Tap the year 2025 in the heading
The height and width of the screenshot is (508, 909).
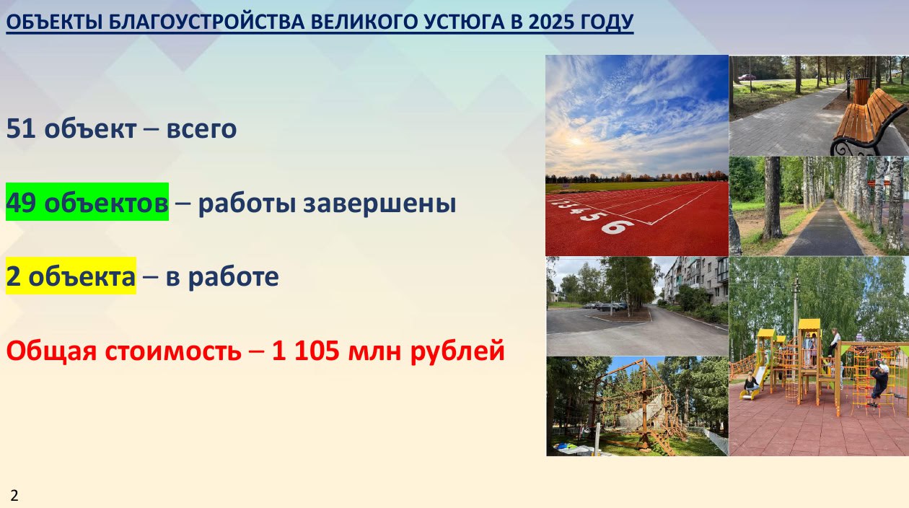551,22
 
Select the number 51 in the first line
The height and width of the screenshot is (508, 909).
21,128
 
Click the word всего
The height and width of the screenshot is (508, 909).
201,130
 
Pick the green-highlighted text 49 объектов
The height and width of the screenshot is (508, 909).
87,202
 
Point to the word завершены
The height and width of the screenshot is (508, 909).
379,203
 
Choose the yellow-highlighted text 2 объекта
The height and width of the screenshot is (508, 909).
71,276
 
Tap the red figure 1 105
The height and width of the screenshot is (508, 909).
305,351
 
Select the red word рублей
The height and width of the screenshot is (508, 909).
457,352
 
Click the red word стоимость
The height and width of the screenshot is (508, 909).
173,351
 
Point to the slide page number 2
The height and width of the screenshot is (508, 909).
14,496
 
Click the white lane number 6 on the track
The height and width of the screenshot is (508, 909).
617,227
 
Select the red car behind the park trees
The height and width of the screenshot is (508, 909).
747,77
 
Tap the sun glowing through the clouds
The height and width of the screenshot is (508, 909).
576,141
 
